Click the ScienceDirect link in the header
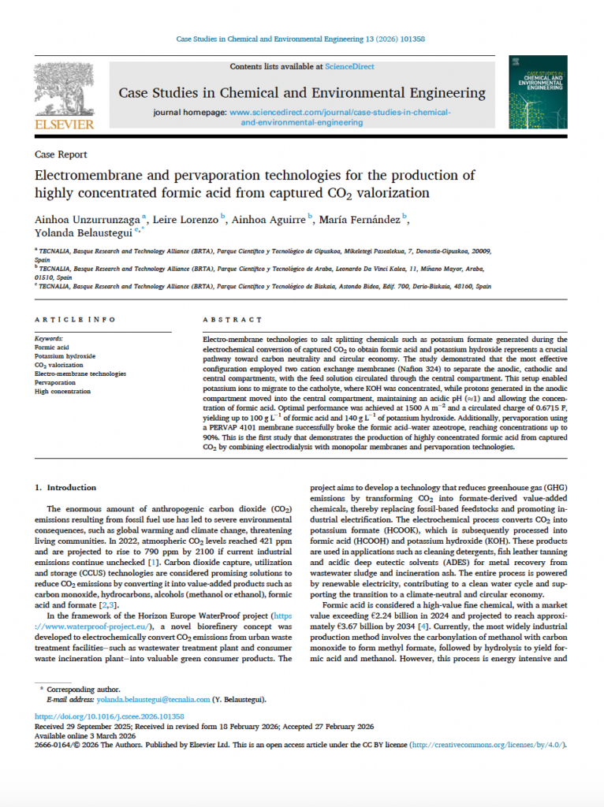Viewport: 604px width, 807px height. coord(350,67)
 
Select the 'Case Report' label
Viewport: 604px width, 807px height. coord(61,154)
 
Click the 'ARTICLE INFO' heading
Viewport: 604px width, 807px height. coord(76,320)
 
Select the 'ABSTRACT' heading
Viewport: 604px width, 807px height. coord(233,320)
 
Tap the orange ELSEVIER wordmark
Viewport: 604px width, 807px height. coord(64,124)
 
